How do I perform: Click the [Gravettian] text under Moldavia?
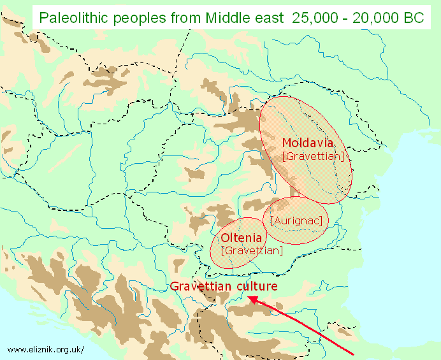[312, 155]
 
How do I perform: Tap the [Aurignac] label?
[296, 220]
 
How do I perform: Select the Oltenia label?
[242, 238]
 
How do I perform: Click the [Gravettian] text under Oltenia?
[251, 250]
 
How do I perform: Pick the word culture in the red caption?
[256, 286]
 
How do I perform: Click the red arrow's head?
[250, 298]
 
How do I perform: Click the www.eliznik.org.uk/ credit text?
[45, 349]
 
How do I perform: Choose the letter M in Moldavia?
[287, 142]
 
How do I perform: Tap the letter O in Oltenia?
[225, 238]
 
